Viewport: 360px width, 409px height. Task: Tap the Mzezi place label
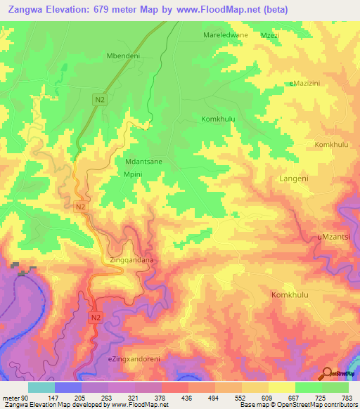point(270,34)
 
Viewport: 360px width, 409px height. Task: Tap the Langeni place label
point(294,178)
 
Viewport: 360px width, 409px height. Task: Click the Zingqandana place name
point(131,260)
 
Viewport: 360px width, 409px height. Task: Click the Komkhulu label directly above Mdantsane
point(218,119)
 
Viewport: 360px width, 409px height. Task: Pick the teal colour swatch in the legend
point(41,387)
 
